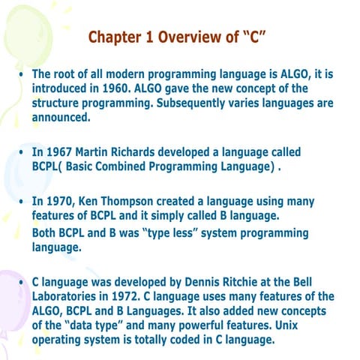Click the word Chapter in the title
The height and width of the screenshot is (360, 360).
(113, 37)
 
